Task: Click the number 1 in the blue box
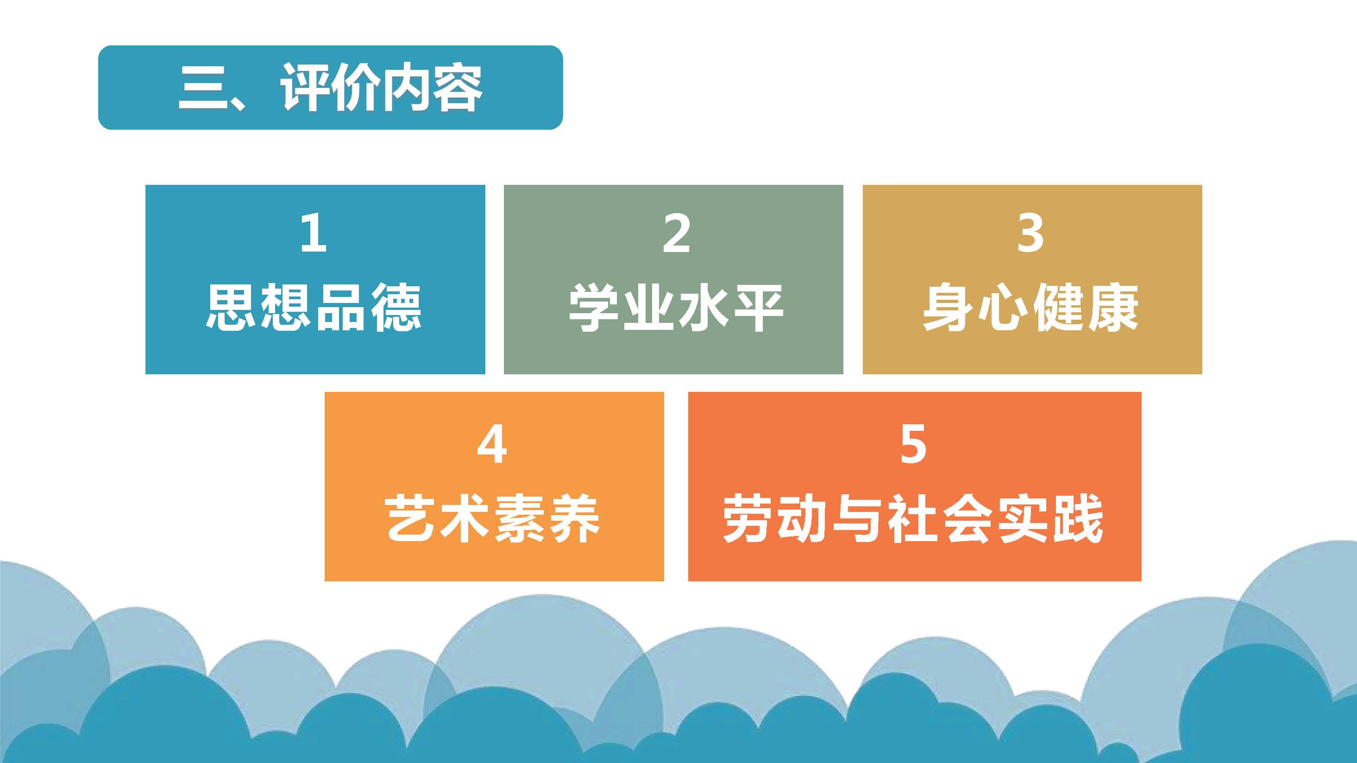[x=314, y=233]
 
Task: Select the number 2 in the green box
[x=676, y=233]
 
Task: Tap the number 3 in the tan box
[x=1030, y=233]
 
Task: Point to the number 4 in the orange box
[x=492, y=444]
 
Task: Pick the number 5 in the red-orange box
[x=913, y=444]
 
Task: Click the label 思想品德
[x=314, y=307]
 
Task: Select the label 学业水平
[x=676, y=307]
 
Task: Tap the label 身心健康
[x=1031, y=307]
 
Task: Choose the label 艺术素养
[x=493, y=518]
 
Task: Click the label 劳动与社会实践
[x=913, y=518]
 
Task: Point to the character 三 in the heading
[x=203, y=88]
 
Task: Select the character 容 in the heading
[x=457, y=88]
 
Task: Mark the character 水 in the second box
[x=703, y=307]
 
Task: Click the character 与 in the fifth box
[x=858, y=518]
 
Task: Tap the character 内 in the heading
[x=407, y=88]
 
